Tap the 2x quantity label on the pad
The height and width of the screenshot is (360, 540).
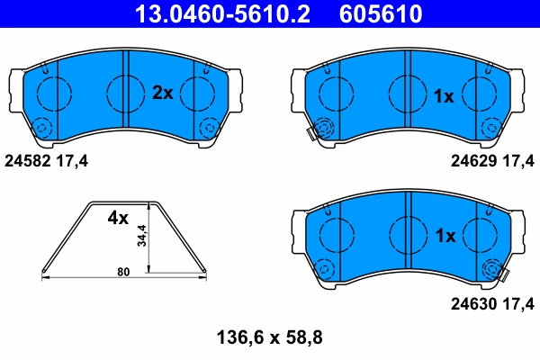162,92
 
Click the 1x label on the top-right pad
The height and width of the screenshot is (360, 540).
444,95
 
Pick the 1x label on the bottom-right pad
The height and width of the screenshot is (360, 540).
444,236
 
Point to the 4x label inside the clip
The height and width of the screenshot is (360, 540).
119,218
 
